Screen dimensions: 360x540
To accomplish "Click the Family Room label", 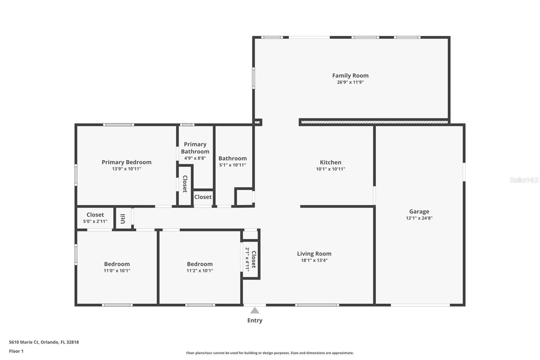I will pos(350,76).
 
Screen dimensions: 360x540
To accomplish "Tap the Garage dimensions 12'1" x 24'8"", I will pos(419,218).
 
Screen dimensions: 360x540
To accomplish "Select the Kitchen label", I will pos(330,162).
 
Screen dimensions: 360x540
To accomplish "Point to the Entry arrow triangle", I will pos(255,310).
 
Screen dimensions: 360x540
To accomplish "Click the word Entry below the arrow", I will pos(255,320).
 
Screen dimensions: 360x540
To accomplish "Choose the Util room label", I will pos(123,219).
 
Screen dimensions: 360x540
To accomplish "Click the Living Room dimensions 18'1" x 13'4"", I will pos(314,260).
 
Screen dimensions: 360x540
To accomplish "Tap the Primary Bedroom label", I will pos(127,162).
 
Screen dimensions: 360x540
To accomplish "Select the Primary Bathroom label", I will pos(195,148).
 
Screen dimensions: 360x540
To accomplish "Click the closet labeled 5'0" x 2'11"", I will pos(95,218).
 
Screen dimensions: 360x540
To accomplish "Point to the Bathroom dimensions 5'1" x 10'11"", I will pos(232,165).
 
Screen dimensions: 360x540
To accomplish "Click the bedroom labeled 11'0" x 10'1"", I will pos(117,267).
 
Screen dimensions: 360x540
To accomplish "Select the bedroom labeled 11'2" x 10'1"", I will pos(200,267).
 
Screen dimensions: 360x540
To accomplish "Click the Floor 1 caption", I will pos(16,351).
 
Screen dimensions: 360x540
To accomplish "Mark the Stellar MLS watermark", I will pos(524,180).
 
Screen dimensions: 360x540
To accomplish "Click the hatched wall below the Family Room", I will pos(374,122).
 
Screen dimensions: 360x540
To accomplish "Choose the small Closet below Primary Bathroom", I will pos(203,197).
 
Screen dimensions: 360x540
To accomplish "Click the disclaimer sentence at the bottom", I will pos(270,353).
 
